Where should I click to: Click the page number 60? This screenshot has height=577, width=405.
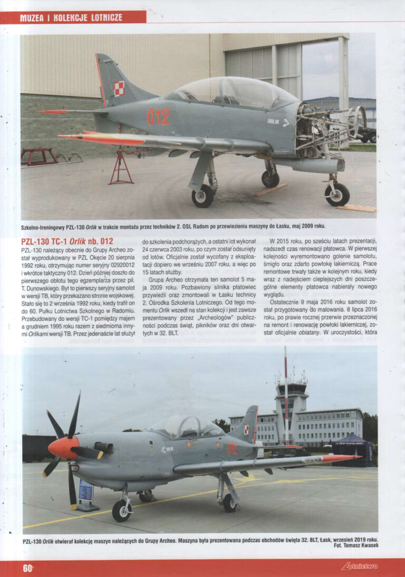[27, 568]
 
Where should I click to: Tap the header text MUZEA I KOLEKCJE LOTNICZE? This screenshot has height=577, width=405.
[71, 17]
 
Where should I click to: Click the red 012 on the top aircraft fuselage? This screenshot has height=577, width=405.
[158, 117]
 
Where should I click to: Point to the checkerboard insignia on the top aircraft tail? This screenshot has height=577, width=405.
[119, 88]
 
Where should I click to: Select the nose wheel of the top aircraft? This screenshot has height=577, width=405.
[337, 194]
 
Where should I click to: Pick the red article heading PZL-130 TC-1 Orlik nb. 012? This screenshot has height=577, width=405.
[67, 241]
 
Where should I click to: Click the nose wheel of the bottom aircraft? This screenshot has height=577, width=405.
[122, 510]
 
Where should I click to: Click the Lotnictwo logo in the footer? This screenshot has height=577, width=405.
[359, 567]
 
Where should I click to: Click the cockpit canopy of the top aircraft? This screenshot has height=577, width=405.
[232, 93]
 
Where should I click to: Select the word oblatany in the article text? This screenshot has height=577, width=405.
[312, 333]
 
